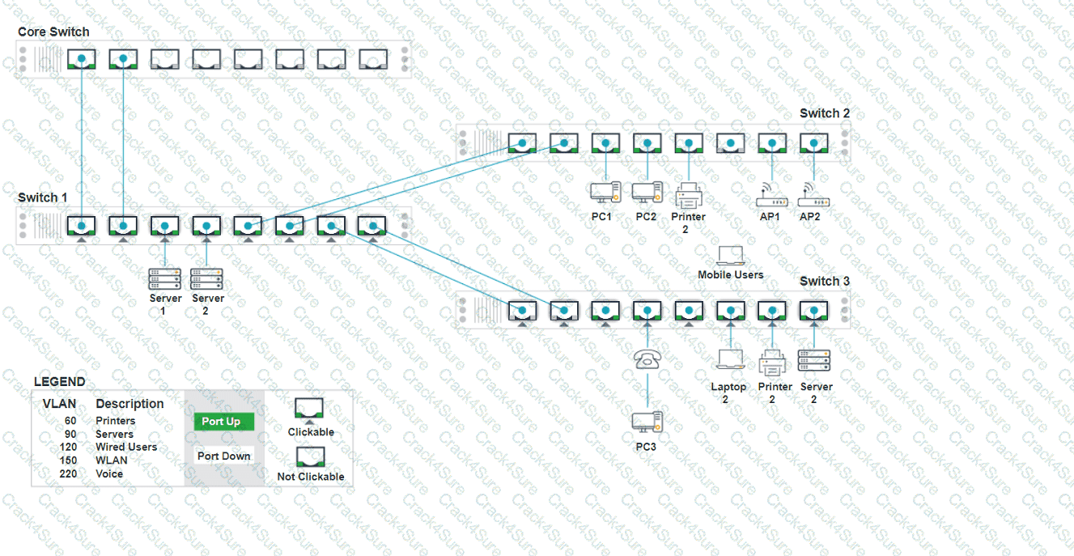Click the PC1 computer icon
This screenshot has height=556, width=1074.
605,193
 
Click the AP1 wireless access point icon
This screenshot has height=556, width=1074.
770,194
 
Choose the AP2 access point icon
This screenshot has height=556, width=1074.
812,194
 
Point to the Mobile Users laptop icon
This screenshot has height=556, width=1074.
731,255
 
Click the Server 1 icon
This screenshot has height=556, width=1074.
164,279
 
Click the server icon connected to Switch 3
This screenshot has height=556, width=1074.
813,360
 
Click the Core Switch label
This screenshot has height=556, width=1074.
53,32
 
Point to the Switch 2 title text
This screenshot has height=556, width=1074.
825,113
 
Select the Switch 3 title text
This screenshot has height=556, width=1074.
825,281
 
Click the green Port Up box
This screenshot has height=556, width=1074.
223,422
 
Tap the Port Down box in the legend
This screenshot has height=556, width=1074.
223,456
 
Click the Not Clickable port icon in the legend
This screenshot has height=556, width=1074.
309,457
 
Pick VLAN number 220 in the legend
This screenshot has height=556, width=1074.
68,473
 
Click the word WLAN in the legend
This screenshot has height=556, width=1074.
112,461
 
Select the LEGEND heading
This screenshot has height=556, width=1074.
59,382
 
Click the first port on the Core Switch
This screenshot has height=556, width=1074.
81,58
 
